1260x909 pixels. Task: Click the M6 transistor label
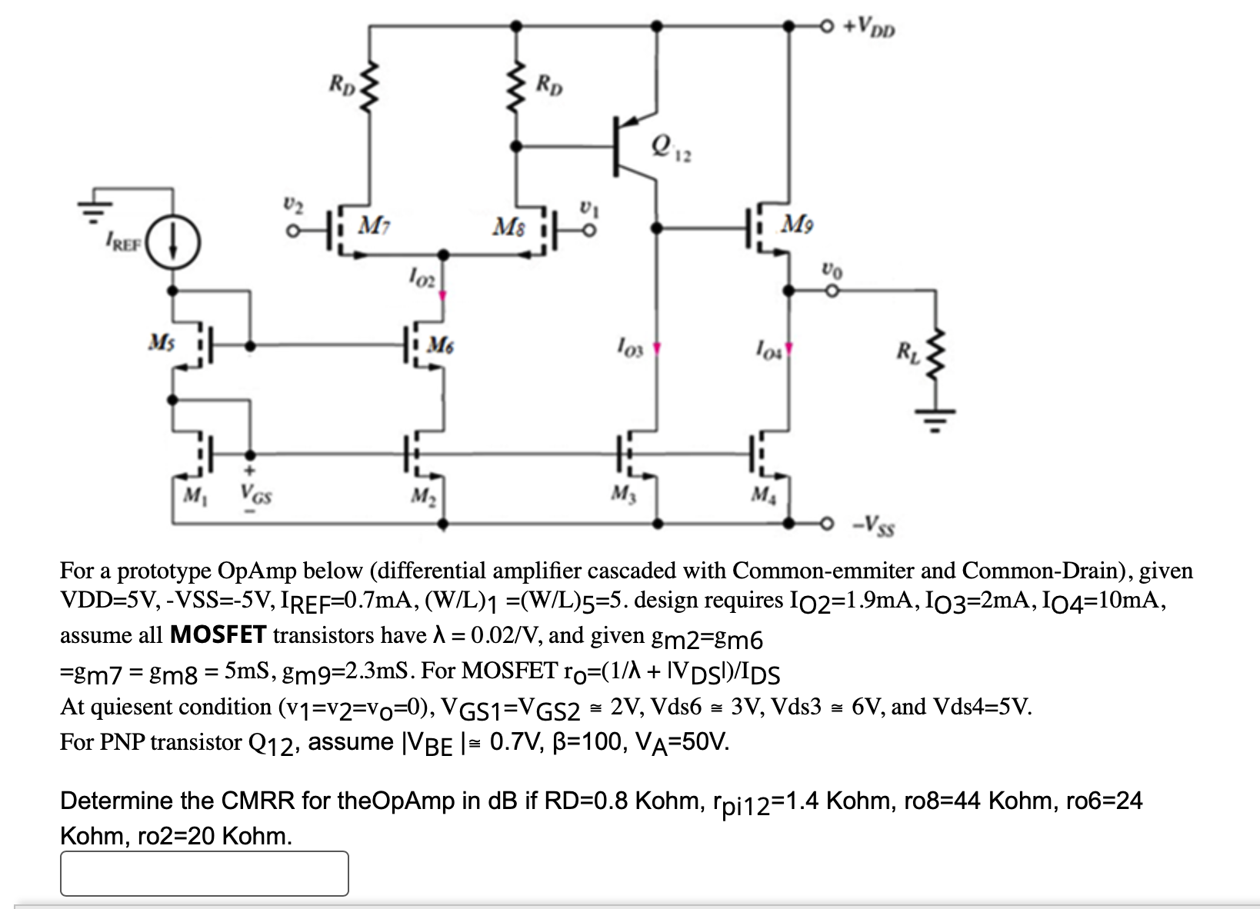pos(441,345)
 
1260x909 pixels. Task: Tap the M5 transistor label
pos(161,341)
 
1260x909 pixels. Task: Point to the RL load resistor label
pos(906,353)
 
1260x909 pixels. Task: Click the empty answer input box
pos(204,873)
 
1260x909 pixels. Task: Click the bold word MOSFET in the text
pos(218,634)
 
